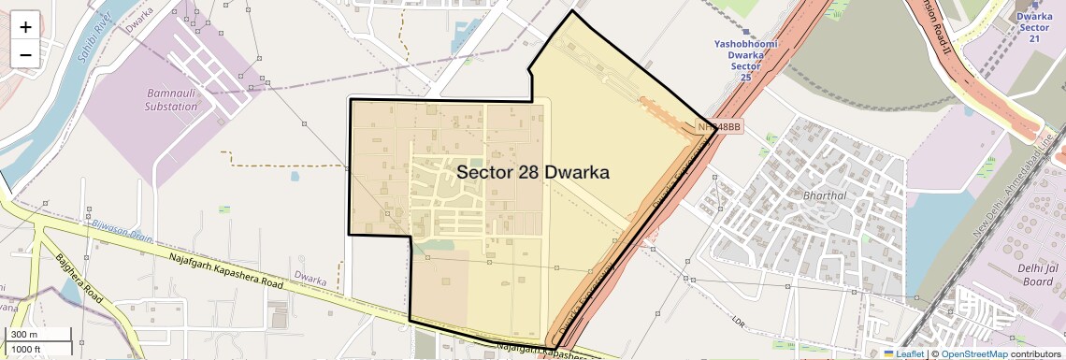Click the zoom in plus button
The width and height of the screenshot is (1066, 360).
click(x=25, y=26)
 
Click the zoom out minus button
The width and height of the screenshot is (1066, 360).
click(x=25, y=54)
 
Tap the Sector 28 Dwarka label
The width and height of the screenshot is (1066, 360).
click(x=533, y=173)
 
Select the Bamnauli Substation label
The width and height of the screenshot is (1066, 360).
click(x=172, y=100)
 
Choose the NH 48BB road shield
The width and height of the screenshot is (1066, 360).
click(x=719, y=127)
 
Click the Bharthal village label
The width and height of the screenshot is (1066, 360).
click(x=824, y=195)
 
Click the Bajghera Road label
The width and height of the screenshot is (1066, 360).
click(x=77, y=278)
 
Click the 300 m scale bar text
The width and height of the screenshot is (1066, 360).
click(x=24, y=334)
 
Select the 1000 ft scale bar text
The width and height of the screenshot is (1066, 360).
click(x=26, y=349)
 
